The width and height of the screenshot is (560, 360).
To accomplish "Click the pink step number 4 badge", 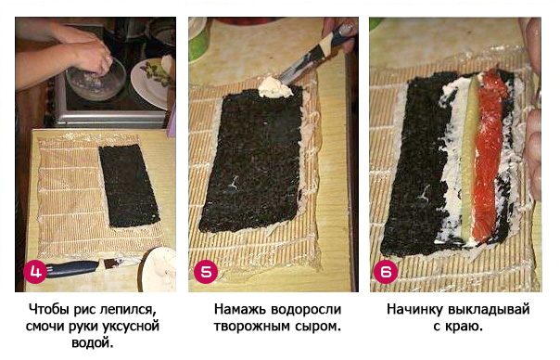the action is coord(35,272).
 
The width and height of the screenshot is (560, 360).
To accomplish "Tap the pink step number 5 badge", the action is coord(205,272).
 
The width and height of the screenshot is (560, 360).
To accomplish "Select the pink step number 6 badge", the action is coord(386,272).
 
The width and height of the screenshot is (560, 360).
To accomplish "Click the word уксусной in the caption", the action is coord(131,327).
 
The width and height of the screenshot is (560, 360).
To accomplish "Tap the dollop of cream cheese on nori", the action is coord(274,87).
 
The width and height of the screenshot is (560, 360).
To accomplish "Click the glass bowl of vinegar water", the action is coord(95,79).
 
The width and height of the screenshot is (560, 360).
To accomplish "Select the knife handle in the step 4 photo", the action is coord(73,268).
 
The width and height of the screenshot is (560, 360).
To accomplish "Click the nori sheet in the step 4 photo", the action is coord(129,186).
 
